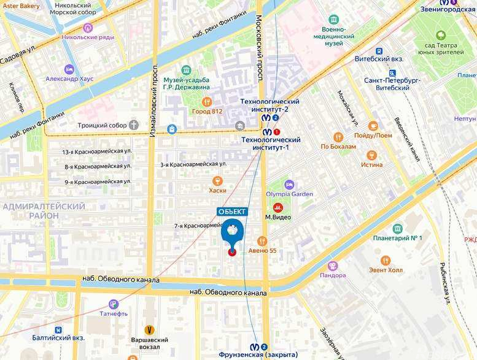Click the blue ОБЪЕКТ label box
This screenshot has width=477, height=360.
pyautogui.click(x=233, y=212)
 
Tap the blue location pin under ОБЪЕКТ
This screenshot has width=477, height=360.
pyautogui.click(x=232, y=233)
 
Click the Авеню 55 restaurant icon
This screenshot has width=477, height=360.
pyautogui.click(x=262, y=241)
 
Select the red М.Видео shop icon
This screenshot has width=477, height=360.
pyautogui.click(x=277, y=207)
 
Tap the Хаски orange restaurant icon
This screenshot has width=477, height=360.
pyautogui.click(x=217, y=181)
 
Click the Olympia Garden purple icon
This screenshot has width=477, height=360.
pyautogui.click(x=289, y=185)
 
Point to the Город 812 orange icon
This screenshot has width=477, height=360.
pyautogui.click(x=207, y=102)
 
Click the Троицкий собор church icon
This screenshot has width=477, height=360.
pyautogui.click(x=134, y=125)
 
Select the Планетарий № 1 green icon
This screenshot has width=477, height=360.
pyautogui.click(x=381, y=228)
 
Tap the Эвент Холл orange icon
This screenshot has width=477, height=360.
pyautogui.click(x=386, y=261)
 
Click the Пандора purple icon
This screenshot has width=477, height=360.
pyautogui.click(x=333, y=266)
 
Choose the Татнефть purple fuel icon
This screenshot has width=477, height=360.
pyautogui.click(x=113, y=304)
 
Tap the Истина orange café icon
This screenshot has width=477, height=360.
pyautogui.click(x=371, y=155)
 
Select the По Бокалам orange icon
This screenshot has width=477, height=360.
pyautogui.click(x=338, y=137)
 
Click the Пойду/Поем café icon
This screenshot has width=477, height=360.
pyautogui.click(x=372, y=126)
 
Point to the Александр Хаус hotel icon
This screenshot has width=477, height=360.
pyautogui.click(x=69, y=69)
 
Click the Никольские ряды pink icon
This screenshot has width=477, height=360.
pyautogui.click(x=88, y=28)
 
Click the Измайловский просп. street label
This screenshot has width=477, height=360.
pyautogui.click(x=153, y=101)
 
